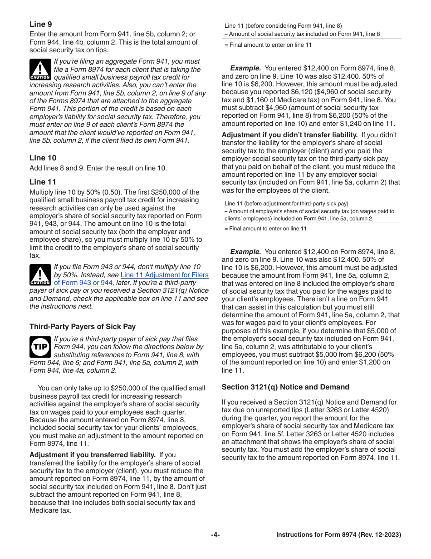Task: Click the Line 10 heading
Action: click(43, 158)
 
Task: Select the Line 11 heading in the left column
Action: click(43, 182)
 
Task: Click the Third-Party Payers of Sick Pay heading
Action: click(83, 326)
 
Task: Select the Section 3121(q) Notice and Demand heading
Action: click(285, 387)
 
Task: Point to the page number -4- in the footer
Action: click(215, 535)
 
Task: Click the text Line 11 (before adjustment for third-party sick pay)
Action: click(286, 204)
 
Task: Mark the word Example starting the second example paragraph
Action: click(245, 251)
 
